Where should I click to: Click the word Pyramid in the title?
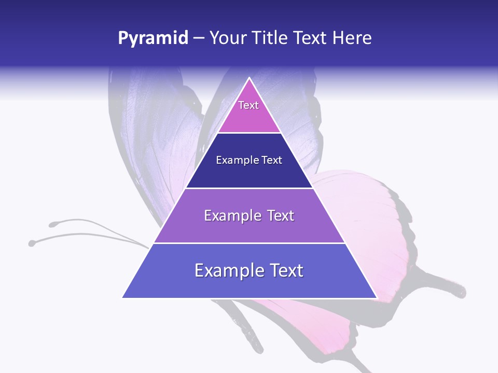click(153, 38)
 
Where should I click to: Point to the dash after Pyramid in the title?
click(199, 39)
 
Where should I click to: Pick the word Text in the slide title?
click(311, 38)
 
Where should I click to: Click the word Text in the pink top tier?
click(248, 105)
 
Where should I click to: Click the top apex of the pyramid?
click(249, 78)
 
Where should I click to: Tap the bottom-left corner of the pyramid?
click(122, 297)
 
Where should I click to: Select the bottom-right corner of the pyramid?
click(376, 297)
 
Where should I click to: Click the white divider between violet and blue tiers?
click(249, 243)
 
